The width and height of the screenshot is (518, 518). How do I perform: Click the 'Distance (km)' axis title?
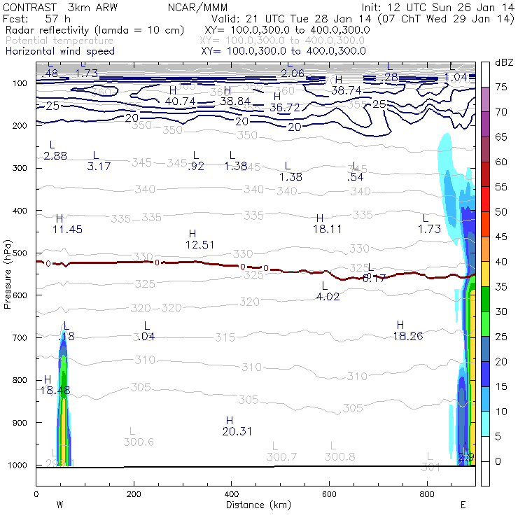255,504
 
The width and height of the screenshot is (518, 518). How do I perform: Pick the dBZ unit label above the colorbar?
504,63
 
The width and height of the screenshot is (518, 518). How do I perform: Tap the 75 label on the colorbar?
501,87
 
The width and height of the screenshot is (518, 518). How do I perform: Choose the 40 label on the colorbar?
501,262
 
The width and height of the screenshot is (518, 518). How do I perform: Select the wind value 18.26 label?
407,337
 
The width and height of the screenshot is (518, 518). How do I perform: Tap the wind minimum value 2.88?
55,156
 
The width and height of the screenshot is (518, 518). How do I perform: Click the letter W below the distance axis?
59,504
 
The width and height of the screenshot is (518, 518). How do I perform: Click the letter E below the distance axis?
463,504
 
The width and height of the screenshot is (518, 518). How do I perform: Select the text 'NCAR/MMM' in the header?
191,7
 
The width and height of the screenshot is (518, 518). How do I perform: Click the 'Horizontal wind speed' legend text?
59,51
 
